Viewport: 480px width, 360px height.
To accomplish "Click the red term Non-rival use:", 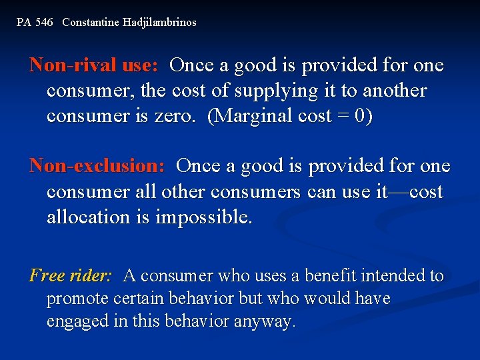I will click(x=94, y=65).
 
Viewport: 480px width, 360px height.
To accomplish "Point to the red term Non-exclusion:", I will click(x=101, y=166).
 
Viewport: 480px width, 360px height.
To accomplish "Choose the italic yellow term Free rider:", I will click(x=71, y=276).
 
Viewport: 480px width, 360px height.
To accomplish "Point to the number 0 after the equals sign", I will click(x=361, y=116).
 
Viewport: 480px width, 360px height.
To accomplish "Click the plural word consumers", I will click(x=257, y=191).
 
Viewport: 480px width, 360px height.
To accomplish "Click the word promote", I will click(x=78, y=299).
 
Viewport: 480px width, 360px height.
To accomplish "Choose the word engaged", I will click(x=78, y=321).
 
